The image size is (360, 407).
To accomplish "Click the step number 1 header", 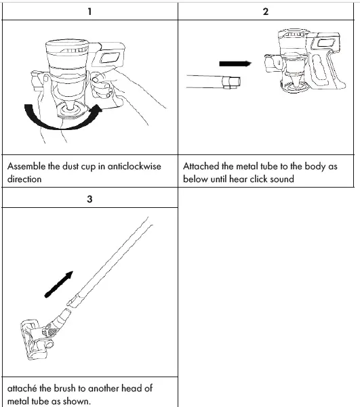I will (89, 12).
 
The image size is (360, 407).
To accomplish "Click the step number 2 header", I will (265, 12).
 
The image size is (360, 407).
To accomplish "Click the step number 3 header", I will (89, 200).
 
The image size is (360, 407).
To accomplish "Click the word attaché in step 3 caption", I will (23, 388).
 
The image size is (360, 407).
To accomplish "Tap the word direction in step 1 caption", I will (24, 179).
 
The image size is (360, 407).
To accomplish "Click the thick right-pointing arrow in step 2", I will (235, 64).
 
